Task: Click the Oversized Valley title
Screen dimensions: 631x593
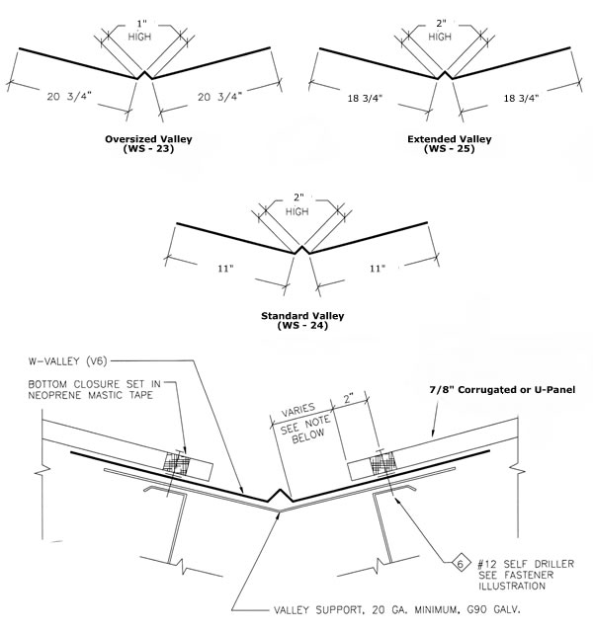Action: click(x=147, y=139)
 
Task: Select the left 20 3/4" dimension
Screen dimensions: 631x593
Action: click(x=69, y=96)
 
